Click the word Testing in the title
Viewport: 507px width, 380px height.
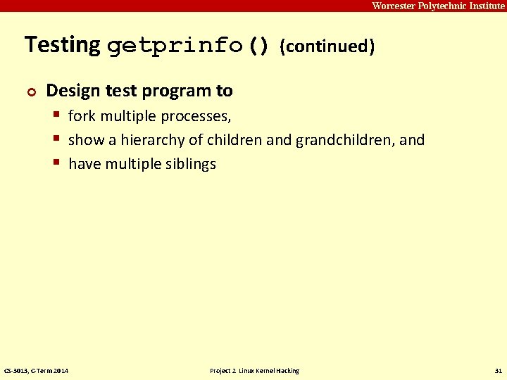coord(63,46)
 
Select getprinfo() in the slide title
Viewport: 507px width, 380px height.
coord(188,46)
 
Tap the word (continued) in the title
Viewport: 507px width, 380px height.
coord(327,47)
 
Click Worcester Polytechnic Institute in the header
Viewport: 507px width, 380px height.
coord(438,6)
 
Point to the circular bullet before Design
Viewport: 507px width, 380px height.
coord(30,92)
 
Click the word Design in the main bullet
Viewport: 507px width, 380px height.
coord(70,91)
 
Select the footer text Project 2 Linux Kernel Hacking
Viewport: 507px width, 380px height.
coord(254,370)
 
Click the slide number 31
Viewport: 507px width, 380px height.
coord(499,370)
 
